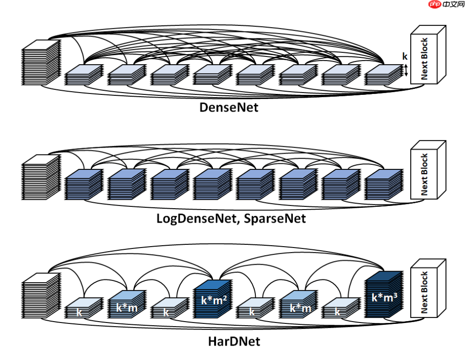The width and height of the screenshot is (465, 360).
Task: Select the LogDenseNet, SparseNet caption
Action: coord(231,219)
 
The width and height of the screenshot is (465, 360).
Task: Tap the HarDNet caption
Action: coord(234,341)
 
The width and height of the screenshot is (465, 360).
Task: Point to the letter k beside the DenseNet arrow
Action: coord(405,56)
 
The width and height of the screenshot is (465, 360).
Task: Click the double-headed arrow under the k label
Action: coord(406,70)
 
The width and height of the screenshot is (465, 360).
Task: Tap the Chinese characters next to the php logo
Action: coord(451,5)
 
